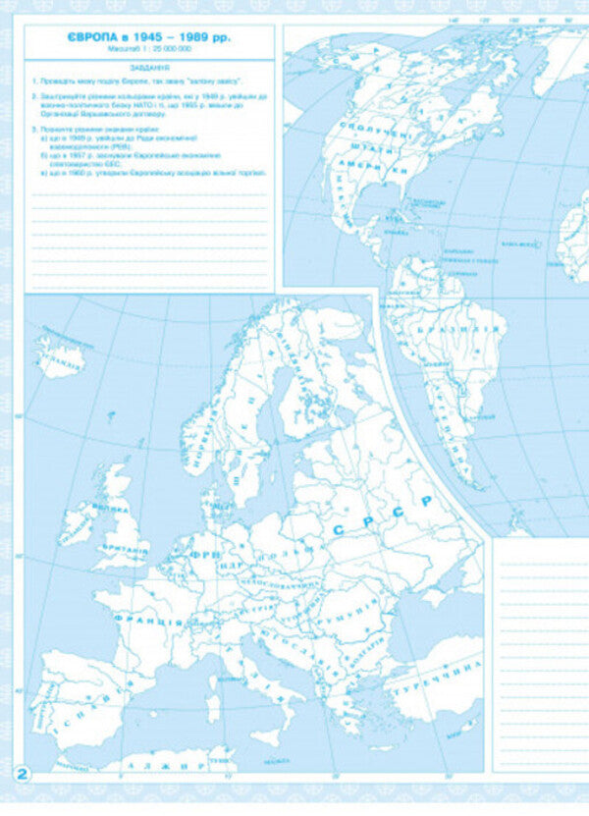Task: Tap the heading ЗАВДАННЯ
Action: (x=149, y=68)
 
